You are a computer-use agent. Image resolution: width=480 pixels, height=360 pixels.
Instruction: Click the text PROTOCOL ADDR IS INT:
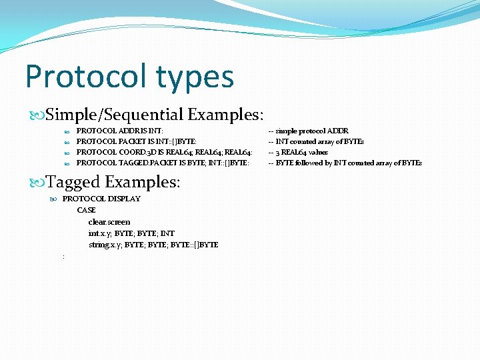point(120,131)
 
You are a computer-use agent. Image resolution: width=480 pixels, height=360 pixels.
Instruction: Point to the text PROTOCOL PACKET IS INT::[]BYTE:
point(137,141)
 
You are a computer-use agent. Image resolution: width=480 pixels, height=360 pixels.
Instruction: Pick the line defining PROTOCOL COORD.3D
point(163,152)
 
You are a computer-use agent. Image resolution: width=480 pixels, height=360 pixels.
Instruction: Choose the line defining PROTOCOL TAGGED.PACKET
point(163,163)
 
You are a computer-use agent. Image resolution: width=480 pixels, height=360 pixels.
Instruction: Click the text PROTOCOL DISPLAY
point(101,199)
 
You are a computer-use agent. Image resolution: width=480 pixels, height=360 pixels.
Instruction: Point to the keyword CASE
point(87,211)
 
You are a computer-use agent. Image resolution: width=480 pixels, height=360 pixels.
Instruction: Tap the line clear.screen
point(109,222)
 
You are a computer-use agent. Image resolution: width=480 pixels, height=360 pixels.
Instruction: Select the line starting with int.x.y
point(131,233)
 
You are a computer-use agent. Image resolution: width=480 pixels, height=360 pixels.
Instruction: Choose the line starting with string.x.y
point(153,245)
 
